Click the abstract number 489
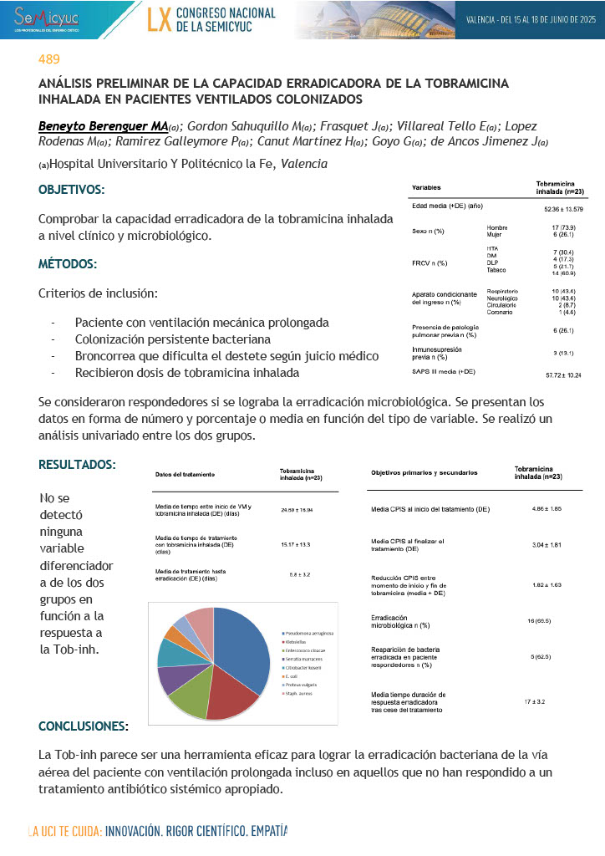[x=48, y=59]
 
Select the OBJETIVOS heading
[x=72, y=190]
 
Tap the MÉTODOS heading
[x=68, y=264]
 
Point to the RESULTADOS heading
[x=77, y=464]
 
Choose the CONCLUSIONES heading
[x=84, y=725]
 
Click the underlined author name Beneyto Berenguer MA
[x=103, y=125]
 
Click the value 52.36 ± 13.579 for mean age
[x=563, y=209]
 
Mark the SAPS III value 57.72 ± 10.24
[x=562, y=375]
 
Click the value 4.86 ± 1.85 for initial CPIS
[x=547, y=507]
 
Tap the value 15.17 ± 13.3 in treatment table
[x=296, y=544]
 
